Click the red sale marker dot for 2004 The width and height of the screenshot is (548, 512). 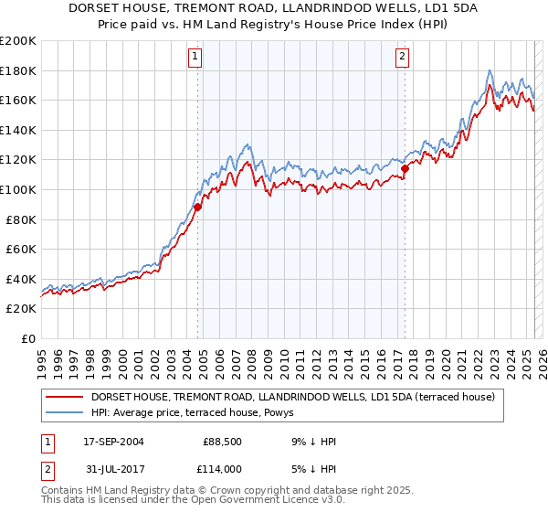pyautogui.click(x=197, y=208)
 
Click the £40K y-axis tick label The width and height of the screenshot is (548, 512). pyautogui.click(x=20, y=279)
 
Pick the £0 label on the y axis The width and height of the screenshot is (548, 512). pyautogui.click(x=28, y=338)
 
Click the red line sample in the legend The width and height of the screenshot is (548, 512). pyautogui.click(x=64, y=397)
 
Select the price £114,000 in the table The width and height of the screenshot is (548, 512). pyautogui.click(x=221, y=468)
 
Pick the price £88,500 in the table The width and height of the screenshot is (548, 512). pyautogui.click(x=221, y=442)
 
